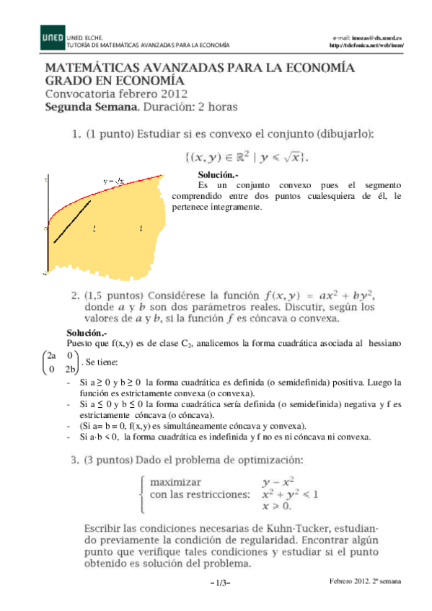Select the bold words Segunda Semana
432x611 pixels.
[91, 107]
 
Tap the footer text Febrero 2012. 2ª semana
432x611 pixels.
[366, 581]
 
